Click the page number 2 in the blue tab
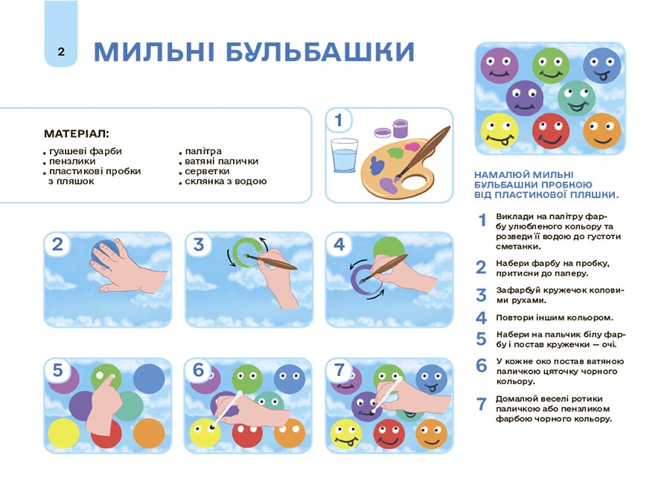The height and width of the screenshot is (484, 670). click(61, 51)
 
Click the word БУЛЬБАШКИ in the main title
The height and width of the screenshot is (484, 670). click(319, 52)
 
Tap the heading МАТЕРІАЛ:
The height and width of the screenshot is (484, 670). click(77, 134)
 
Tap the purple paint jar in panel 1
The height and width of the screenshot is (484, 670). click(400, 128)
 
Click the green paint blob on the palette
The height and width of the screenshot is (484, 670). click(396, 152)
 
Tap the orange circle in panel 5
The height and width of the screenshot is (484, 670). click(149, 433)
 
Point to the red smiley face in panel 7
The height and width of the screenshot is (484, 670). click(389, 433)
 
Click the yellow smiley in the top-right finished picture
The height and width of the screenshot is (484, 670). click(500, 131)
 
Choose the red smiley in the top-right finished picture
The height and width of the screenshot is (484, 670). click(551, 130)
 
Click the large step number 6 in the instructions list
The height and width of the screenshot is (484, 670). click(481, 366)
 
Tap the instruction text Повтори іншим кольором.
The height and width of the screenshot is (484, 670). click(555, 318)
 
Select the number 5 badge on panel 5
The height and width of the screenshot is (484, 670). click(57, 370)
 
